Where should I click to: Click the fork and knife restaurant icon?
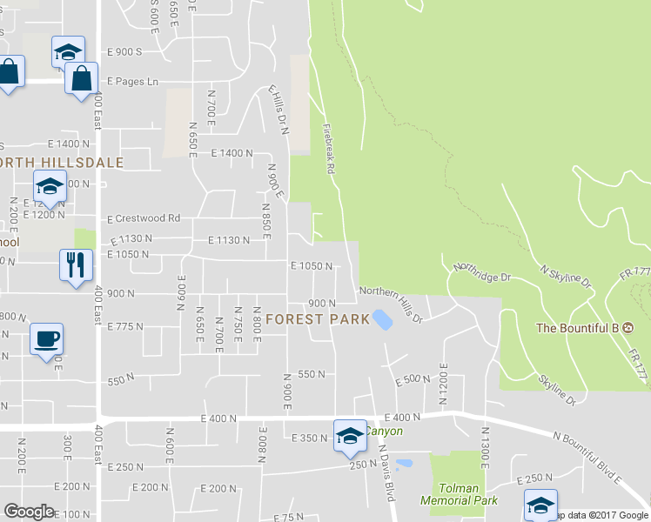click(73, 264)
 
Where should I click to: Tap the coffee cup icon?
click(45, 338)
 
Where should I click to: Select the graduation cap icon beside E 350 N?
click(350, 435)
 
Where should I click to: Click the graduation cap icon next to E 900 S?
click(67, 51)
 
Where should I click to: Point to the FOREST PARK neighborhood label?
click(318, 319)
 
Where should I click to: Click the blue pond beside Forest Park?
click(381, 319)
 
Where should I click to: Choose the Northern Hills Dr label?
click(391, 304)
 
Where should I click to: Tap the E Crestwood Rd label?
click(143, 218)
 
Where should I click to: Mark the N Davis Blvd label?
click(386, 472)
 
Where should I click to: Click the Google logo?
click(29, 512)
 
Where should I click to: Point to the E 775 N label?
click(124, 326)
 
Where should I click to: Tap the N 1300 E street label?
click(486, 447)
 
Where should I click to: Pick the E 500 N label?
click(413, 379)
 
